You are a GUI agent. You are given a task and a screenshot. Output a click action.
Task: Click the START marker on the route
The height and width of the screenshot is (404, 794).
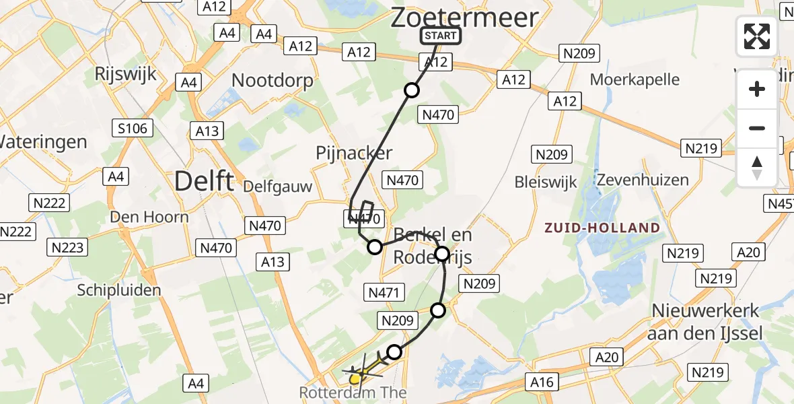point(441,36)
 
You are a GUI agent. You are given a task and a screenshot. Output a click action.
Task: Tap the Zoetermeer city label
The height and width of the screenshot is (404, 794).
point(465,17)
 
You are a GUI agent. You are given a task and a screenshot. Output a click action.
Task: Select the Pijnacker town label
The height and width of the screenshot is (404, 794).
point(354,153)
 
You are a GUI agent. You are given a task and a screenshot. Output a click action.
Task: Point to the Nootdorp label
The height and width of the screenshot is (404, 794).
point(273,81)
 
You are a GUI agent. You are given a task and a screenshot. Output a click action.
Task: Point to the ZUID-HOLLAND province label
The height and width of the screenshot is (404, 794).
point(603,228)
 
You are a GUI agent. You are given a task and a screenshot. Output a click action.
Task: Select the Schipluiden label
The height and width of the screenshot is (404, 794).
point(119,290)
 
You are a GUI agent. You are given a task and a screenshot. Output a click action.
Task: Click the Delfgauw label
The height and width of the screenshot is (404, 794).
point(277,186)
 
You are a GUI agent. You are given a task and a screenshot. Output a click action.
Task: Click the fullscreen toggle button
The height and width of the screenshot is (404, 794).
point(757,36)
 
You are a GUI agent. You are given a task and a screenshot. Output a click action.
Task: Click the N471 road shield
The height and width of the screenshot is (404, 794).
point(384,292)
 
